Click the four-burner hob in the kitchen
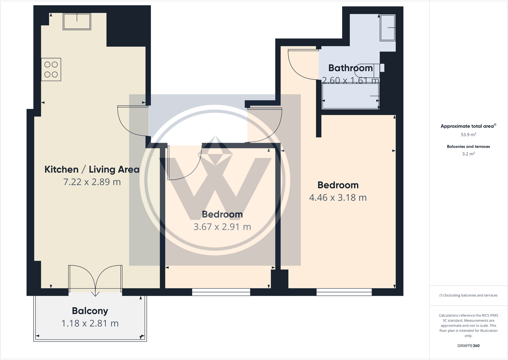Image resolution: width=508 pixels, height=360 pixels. (51, 69)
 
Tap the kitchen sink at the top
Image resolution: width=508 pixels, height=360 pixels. (77, 21)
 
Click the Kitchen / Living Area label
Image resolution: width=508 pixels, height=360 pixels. (92, 169)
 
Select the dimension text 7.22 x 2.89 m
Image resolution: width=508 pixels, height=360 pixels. (92, 182)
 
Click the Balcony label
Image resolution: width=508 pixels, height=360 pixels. (90, 311)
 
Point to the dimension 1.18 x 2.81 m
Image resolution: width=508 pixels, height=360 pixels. (90, 323)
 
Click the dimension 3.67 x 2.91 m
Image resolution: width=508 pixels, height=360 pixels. (222, 227)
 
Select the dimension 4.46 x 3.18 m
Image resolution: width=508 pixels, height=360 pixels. (338, 197)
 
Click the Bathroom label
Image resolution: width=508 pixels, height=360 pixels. (350, 68)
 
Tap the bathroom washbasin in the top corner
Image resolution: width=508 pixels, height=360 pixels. (388, 28)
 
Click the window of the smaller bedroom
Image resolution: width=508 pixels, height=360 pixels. (221, 292)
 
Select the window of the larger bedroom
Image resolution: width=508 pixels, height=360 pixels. (344, 292)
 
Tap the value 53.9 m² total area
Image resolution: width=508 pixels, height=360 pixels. (468, 134)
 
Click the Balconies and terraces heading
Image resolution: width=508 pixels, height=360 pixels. (468, 147)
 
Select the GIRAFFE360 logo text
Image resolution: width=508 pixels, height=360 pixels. (468, 346)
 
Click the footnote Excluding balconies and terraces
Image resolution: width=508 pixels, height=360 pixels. (468, 295)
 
